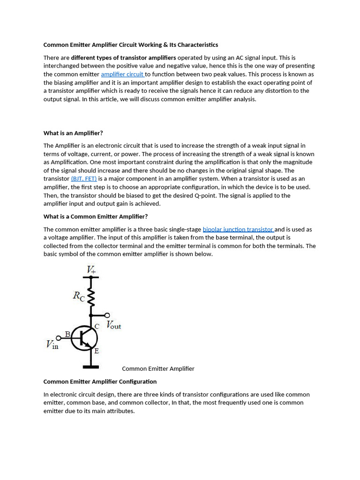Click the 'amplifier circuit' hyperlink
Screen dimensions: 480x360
pos(122,74)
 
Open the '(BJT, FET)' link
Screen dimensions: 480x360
pos(83,179)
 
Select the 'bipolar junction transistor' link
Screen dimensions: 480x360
pos(238,229)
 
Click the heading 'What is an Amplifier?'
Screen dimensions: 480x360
pos(73,133)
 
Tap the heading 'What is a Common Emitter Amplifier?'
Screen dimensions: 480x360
pos(96,217)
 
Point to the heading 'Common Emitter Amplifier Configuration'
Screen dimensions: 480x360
pos(100,382)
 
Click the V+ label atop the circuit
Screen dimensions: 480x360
pos(91,270)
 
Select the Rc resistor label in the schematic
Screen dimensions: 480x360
pos(79,296)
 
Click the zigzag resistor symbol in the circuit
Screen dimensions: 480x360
pos(91,297)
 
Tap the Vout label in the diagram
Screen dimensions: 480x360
pos(113,325)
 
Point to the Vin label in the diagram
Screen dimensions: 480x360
pos(52,345)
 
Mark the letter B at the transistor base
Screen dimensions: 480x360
pos(67,334)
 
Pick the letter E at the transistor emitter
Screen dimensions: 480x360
pos(97,351)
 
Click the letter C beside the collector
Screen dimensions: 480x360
pos(97,326)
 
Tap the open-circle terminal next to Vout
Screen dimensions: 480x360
pos(107,315)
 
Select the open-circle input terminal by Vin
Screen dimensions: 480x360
pos(59,338)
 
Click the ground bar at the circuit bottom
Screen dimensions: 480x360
pos(91,366)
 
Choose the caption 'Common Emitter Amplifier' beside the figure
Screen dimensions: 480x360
pos(158,368)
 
